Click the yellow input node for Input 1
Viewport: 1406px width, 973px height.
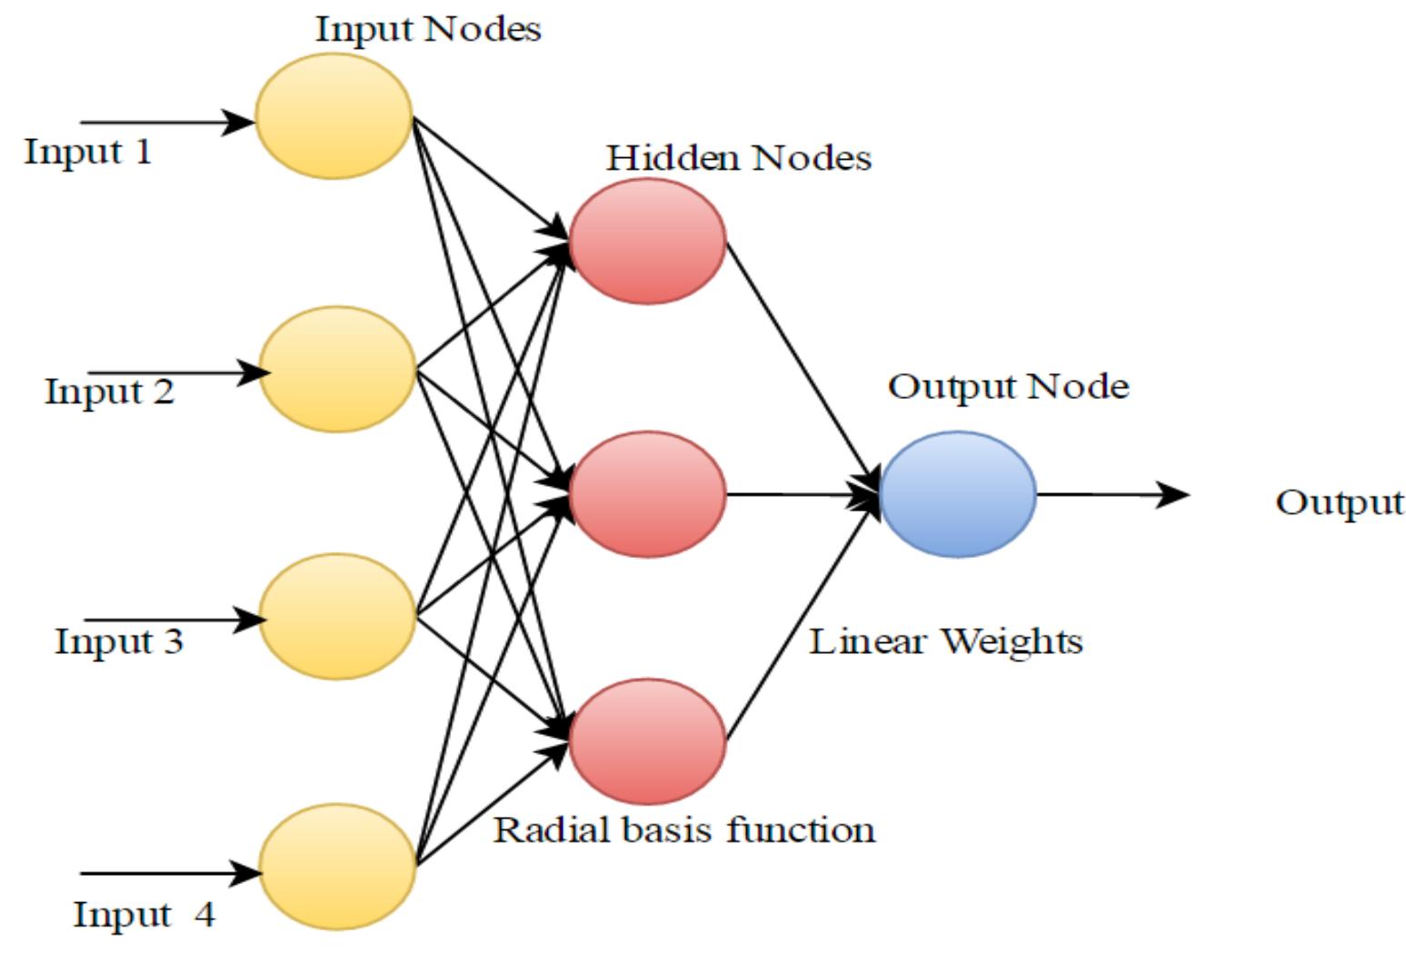(x=334, y=116)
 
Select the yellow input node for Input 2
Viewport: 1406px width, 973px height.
(x=337, y=369)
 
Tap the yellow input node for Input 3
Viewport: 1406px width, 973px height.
(x=337, y=617)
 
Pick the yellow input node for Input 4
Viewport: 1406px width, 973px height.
(x=337, y=866)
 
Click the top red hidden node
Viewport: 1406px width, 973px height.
(x=647, y=241)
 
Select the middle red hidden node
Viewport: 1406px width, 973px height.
(x=647, y=494)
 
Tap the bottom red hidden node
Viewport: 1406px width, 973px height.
(x=647, y=741)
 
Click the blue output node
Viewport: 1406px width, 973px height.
(x=957, y=494)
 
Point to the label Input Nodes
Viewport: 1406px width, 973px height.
(x=428, y=29)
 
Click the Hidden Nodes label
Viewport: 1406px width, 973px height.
(x=738, y=158)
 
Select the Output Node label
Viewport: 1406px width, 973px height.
(x=1008, y=386)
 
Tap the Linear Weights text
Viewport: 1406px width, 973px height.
(x=945, y=641)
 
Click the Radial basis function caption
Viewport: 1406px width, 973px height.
(x=683, y=829)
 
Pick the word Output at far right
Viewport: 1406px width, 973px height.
(x=1339, y=502)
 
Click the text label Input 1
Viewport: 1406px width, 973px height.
(x=87, y=151)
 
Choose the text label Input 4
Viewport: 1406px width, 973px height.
(x=144, y=914)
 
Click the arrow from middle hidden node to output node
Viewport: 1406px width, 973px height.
(x=800, y=495)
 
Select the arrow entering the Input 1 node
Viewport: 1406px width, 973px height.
(x=164, y=121)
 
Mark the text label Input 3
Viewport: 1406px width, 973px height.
(x=118, y=641)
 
